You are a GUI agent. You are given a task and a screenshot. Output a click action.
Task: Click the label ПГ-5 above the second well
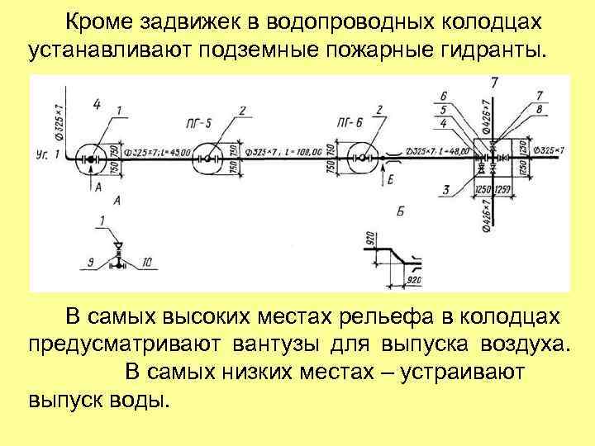click(x=198, y=124)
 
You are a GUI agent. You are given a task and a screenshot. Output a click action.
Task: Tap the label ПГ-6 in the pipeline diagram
click(x=350, y=124)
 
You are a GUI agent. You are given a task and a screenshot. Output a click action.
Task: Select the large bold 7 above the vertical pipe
click(x=494, y=83)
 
